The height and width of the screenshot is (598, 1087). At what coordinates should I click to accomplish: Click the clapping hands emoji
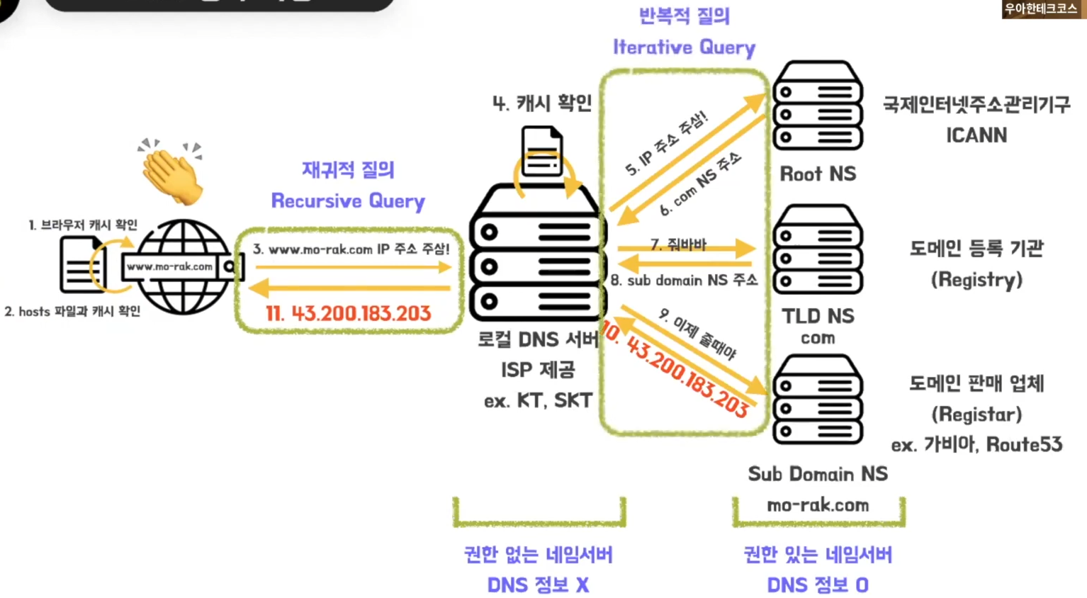(x=171, y=173)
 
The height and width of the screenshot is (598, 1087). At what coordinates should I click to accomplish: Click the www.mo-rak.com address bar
(x=170, y=266)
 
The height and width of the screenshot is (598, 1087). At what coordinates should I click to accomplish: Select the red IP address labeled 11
(x=348, y=313)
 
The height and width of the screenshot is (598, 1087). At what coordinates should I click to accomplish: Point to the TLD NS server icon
(x=818, y=249)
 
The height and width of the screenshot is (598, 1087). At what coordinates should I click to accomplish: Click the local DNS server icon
(x=537, y=255)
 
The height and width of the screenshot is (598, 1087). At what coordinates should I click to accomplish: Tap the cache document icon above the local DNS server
(x=542, y=151)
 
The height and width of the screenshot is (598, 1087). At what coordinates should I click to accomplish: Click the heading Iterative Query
(x=684, y=47)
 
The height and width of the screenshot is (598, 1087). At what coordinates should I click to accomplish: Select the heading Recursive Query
(x=348, y=201)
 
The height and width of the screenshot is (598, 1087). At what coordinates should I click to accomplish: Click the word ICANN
(x=976, y=135)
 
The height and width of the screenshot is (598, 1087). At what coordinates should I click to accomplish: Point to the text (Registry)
(x=976, y=280)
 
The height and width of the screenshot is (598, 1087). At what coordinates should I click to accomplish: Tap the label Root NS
(x=818, y=174)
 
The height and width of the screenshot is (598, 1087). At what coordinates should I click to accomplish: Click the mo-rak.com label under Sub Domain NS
(x=818, y=505)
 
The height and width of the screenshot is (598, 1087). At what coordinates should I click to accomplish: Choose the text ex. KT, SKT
(x=538, y=401)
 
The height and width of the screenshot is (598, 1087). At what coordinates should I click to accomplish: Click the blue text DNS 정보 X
(x=538, y=585)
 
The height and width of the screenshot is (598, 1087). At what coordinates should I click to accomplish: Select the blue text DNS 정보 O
(x=818, y=585)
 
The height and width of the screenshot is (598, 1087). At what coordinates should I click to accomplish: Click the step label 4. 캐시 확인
(x=542, y=103)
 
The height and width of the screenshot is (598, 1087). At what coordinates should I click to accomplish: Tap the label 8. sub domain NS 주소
(x=684, y=281)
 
